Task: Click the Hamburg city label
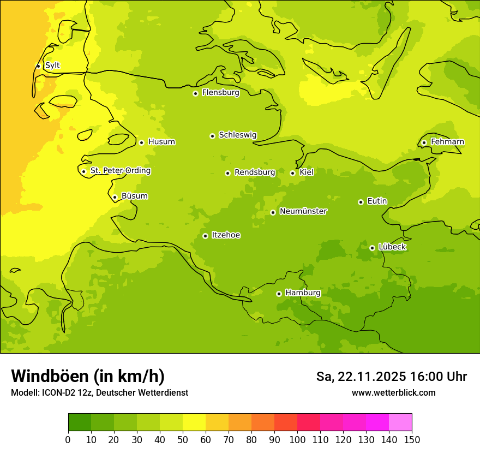[303, 293]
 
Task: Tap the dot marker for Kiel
[292, 173]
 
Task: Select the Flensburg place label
[220, 93]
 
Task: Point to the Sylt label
[52, 65]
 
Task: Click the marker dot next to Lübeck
[372, 248]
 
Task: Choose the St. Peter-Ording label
[120, 171]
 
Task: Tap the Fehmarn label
[447, 142]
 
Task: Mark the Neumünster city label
[303, 211]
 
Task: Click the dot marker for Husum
[141, 142]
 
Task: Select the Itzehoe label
[226, 235]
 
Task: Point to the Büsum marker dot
[115, 197]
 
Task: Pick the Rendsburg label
[255, 172]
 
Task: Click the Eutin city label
[377, 201]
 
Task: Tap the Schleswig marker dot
[212, 136]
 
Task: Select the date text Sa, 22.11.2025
[361, 377]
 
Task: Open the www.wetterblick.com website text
[393, 392]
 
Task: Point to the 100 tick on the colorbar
[297, 439]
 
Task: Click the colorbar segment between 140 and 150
[400, 422]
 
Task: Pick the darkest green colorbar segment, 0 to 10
[80, 422]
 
